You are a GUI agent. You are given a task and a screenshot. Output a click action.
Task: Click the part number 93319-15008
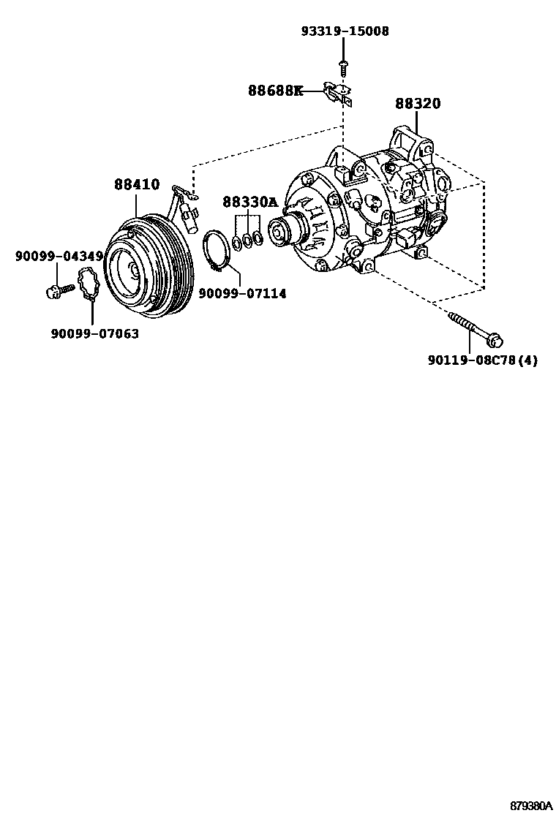pos(345,31)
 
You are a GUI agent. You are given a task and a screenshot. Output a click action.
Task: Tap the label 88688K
pos(275,91)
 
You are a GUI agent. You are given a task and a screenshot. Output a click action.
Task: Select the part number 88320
pos(418,104)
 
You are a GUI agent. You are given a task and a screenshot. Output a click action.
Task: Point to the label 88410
pos(136,185)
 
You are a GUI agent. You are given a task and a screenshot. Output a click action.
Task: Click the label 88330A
pos(250,203)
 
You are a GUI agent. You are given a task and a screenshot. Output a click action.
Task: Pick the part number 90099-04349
pos(59,256)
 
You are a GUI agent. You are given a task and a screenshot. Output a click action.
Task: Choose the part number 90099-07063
pos(94,333)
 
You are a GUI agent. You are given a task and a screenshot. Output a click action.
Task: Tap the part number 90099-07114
pos(242,293)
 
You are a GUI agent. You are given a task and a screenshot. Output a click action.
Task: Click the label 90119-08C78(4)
pos(482,360)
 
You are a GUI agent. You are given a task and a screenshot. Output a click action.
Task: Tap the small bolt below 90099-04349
pos(59,291)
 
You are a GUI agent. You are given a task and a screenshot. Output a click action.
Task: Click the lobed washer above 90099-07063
pos(89,285)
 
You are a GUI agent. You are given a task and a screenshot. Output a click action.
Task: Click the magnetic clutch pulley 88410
pos(146,267)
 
